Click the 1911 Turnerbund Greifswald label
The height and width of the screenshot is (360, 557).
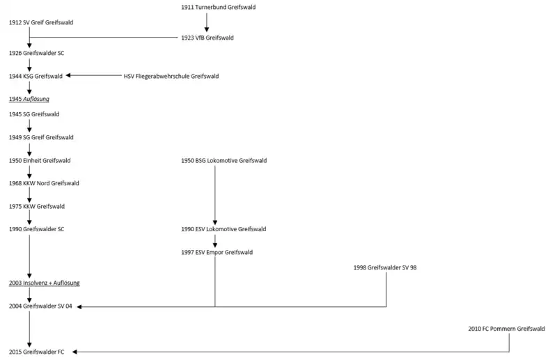(218, 7)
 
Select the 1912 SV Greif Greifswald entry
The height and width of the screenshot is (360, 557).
(41, 22)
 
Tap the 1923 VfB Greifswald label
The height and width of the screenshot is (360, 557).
(207, 38)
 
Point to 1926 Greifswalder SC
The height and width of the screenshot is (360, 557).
(37, 53)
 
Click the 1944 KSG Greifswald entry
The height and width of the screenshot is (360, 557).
(36, 76)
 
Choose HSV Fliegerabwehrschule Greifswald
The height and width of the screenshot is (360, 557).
(171, 76)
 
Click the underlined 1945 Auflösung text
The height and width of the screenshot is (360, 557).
(29, 99)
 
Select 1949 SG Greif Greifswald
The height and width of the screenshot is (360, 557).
(41, 137)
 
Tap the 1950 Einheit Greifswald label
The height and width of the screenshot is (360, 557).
(40, 160)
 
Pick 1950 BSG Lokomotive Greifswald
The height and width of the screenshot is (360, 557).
(223, 160)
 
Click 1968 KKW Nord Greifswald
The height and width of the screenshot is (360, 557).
(44, 183)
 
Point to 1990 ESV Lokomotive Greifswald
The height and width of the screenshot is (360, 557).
(223, 229)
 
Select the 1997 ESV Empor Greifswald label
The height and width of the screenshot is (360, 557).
(217, 252)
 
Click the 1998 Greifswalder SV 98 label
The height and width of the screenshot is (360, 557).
(385, 267)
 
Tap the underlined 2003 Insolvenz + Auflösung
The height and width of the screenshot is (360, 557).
(45, 283)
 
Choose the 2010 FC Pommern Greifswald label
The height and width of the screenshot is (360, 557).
(506, 329)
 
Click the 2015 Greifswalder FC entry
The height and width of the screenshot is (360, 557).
(37, 352)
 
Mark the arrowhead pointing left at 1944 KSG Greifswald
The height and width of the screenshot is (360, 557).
(68, 75)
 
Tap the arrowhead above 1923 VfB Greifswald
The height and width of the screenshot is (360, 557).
(206, 29)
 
